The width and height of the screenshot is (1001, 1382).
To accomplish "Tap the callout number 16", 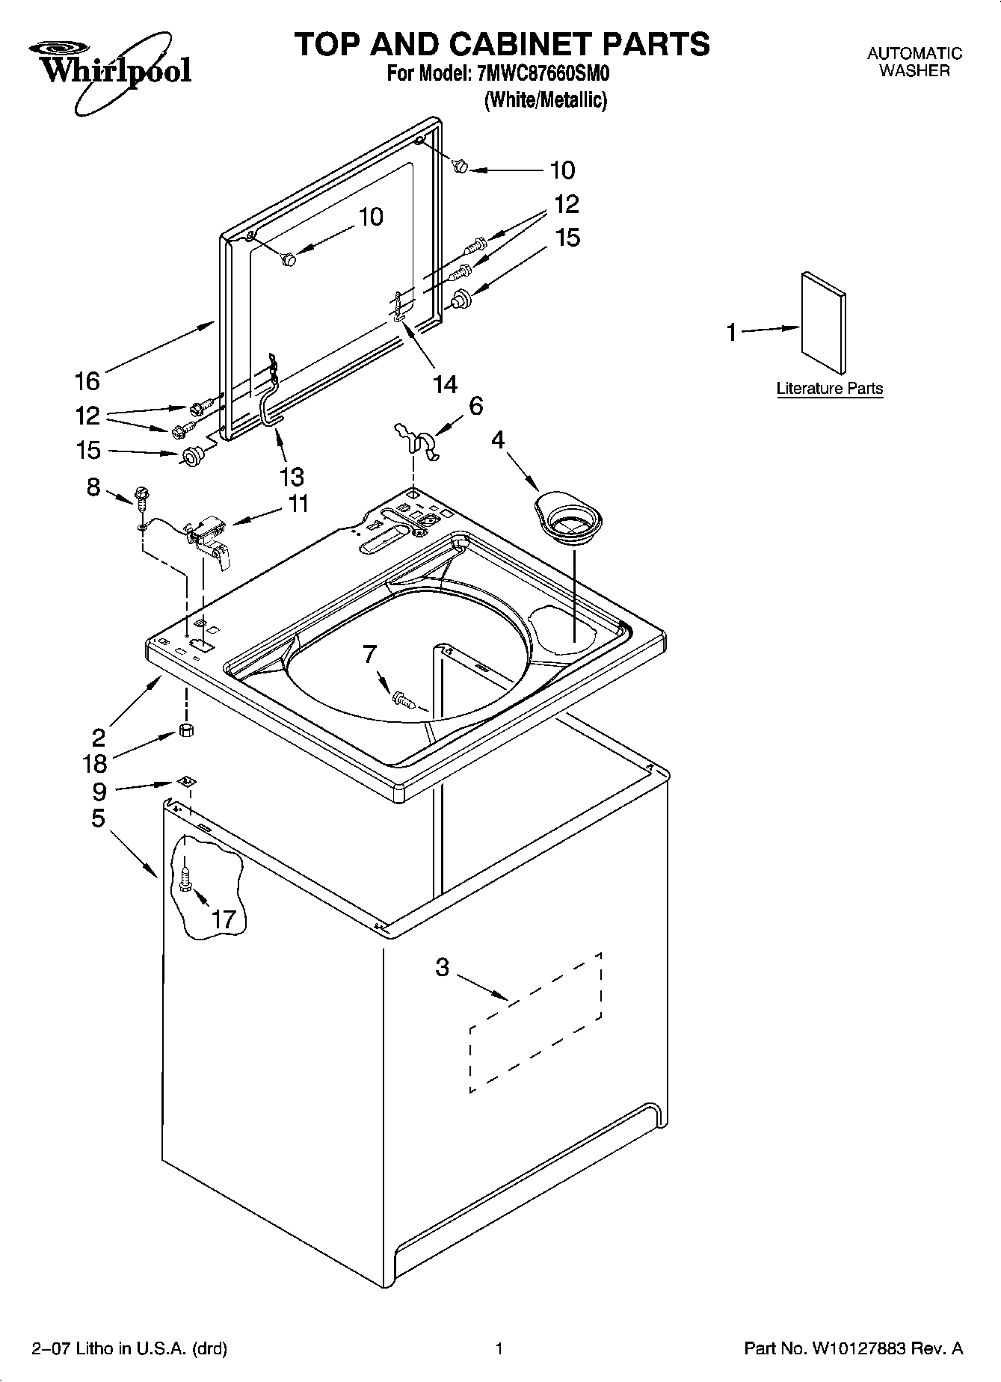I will coord(87,380).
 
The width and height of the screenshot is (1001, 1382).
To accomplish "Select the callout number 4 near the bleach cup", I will coord(498,440).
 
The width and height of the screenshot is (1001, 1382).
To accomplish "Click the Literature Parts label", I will coord(829,389).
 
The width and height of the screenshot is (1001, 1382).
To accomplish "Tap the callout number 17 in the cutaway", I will coord(224,919).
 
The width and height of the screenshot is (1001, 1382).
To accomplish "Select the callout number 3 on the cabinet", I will coord(443,967).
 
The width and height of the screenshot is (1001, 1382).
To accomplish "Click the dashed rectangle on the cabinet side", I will coord(535,1022).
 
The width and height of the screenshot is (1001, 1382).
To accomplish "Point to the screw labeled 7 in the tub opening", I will coord(402,700).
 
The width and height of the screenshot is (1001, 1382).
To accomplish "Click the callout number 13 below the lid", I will coord(291,477).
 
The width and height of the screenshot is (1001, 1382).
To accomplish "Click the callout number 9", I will coord(99,790).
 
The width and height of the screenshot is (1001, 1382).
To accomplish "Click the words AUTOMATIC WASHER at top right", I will coord(914,62).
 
